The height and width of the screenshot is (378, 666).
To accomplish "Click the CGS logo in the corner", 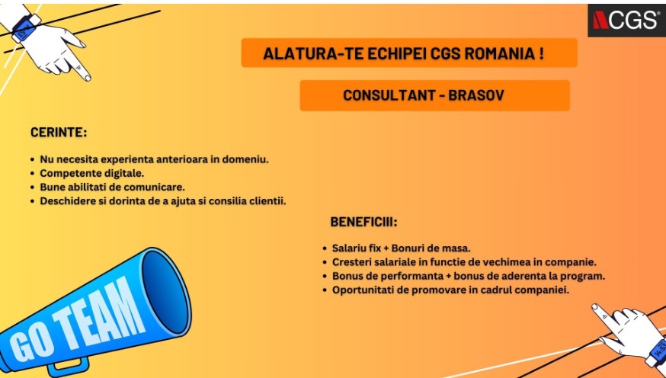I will point(626,20).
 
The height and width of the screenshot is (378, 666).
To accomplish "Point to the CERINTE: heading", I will point(59,133).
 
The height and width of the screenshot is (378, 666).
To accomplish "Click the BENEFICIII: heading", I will point(363,223).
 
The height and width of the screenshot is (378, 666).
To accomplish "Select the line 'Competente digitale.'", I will point(91,174).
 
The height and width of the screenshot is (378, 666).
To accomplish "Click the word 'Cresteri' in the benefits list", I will point(353,262).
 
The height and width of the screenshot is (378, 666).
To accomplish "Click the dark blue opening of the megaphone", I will point(165,289).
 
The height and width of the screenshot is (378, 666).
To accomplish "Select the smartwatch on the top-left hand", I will point(24,29).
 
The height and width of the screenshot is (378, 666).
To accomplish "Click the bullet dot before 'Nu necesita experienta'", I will point(32,160).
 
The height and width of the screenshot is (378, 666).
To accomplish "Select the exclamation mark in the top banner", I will point(540,54).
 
